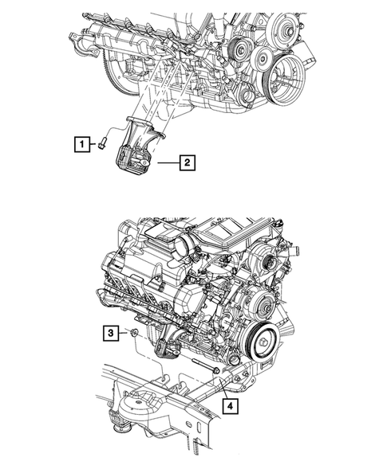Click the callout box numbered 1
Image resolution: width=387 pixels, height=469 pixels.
point(80,145)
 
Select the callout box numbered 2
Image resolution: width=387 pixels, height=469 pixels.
point(186,164)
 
